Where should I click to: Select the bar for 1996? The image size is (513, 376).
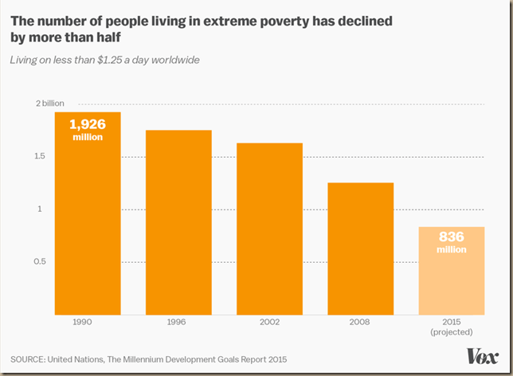click(178, 223)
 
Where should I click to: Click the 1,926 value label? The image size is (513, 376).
click(88, 124)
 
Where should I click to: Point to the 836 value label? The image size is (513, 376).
click(451, 237)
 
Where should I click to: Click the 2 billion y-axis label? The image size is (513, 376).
click(50, 104)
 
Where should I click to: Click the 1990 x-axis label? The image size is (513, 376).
click(88, 323)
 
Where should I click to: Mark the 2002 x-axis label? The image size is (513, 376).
click(269, 323)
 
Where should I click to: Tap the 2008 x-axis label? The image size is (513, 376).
click(360, 323)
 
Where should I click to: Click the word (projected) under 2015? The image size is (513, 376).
click(451, 331)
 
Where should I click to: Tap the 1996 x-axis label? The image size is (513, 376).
click(178, 323)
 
